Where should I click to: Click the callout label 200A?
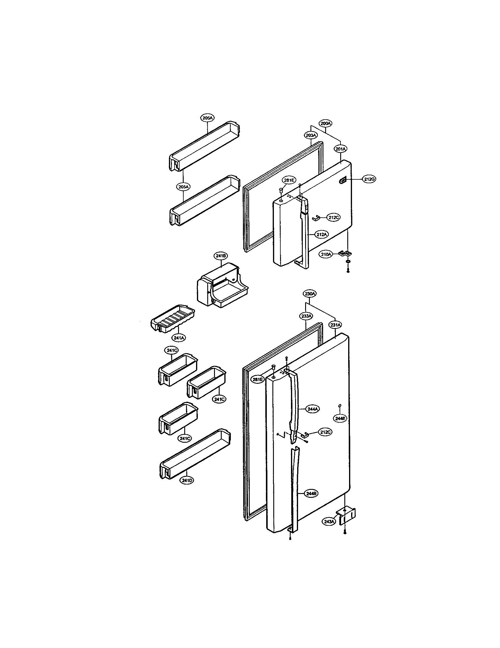point(326,123)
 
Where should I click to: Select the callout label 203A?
point(311,135)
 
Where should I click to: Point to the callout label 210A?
point(326,254)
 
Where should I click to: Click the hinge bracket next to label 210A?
point(345,253)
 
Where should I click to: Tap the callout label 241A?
point(180,337)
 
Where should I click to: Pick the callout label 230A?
point(310,294)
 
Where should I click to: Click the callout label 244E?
point(340,418)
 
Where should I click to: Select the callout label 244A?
point(313,409)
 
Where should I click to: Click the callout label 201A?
point(341,149)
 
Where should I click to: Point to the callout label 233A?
point(306,316)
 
